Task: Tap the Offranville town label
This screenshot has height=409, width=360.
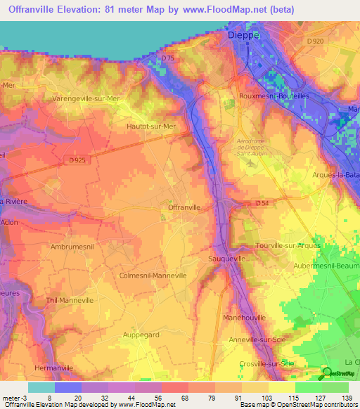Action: click(x=184, y=208)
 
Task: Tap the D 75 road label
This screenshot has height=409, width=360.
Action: click(x=167, y=58)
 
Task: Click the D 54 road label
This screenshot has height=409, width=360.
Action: click(x=262, y=203)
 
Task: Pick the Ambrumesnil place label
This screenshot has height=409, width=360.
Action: click(x=72, y=247)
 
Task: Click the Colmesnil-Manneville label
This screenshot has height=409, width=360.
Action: click(x=153, y=275)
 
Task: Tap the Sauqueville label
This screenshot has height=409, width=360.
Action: click(x=226, y=259)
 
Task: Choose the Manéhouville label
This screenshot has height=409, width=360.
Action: click(x=244, y=318)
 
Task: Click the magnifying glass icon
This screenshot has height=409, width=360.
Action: click(x=327, y=372)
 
